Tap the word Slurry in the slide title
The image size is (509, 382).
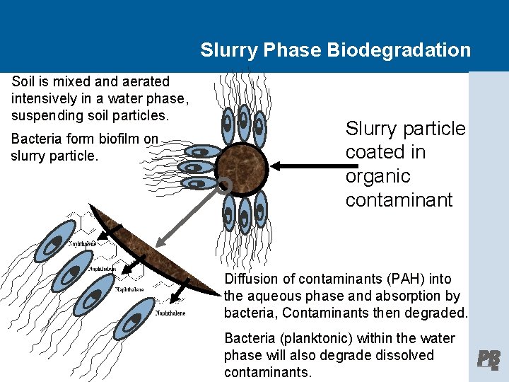point(226,50)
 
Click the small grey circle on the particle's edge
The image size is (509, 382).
point(224,186)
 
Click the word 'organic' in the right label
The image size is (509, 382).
point(378,175)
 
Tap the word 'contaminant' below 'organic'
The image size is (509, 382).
point(399,199)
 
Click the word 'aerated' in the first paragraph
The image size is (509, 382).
point(146,82)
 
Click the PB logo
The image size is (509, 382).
point(488,359)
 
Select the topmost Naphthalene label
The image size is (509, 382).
point(82,243)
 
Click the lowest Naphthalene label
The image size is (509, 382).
point(170,313)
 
